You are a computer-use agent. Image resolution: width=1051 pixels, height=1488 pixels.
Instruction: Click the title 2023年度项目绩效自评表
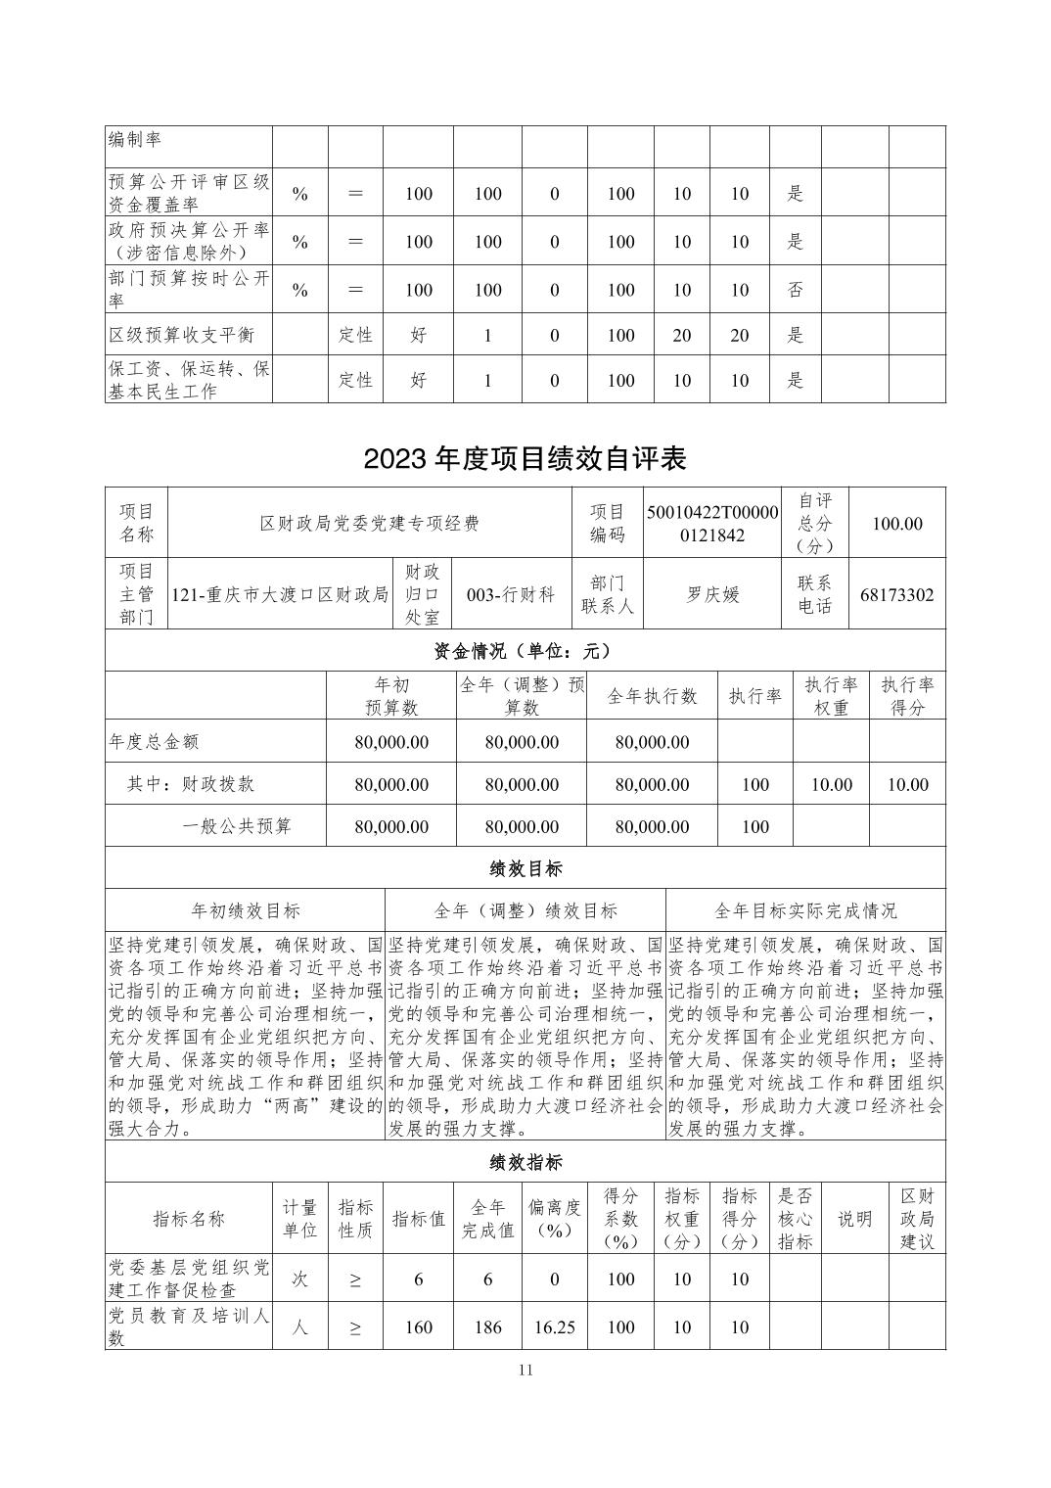[525, 459]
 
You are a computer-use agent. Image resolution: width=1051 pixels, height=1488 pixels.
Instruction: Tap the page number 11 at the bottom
[525, 1370]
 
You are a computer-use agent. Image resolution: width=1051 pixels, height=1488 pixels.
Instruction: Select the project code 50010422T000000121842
[712, 524]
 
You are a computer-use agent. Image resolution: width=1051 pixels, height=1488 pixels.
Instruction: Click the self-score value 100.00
[896, 524]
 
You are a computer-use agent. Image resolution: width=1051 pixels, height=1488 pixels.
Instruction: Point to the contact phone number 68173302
[896, 594]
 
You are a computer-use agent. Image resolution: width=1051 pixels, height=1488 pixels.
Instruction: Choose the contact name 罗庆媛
[712, 594]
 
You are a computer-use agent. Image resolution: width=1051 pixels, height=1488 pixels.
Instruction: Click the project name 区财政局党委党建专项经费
[369, 524]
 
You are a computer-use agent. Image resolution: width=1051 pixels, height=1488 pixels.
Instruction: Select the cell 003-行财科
[511, 594]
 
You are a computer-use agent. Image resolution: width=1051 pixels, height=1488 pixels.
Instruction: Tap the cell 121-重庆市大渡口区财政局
[280, 594]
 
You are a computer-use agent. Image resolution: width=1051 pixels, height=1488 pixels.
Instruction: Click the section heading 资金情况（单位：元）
[525, 650]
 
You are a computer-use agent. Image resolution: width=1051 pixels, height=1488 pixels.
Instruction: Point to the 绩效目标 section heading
[525, 868]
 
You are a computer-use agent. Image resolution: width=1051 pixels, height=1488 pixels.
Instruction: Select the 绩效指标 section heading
[525, 1162]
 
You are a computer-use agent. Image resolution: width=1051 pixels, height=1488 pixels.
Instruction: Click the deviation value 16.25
[554, 1327]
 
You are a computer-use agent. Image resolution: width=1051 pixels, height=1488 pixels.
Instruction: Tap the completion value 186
[487, 1327]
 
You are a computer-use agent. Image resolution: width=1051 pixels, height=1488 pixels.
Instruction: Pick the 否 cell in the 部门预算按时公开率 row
[795, 290]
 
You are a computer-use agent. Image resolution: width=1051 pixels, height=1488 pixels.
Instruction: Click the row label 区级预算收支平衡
[182, 335]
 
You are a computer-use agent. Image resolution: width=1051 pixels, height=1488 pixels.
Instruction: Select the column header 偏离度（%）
[554, 1219]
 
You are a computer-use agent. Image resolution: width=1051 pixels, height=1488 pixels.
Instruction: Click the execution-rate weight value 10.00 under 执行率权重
[831, 784]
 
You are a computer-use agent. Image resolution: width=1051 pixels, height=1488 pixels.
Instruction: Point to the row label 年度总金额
[154, 742]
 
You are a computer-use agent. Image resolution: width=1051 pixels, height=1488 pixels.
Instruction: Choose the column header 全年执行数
[652, 696]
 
